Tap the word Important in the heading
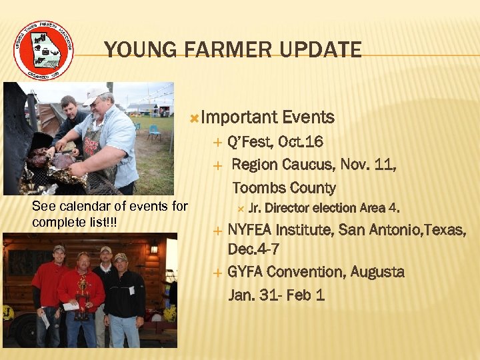[x=239, y=118]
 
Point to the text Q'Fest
[x=251, y=142]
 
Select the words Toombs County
[x=284, y=187]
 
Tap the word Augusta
[x=377, y=272]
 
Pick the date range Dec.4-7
[x=253, y=250]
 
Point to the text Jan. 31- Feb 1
[x=277, y=294]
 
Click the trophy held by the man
[x=83, y=298]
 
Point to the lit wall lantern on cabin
[x=153, y=248]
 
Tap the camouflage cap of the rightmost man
[x=121, y=257]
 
